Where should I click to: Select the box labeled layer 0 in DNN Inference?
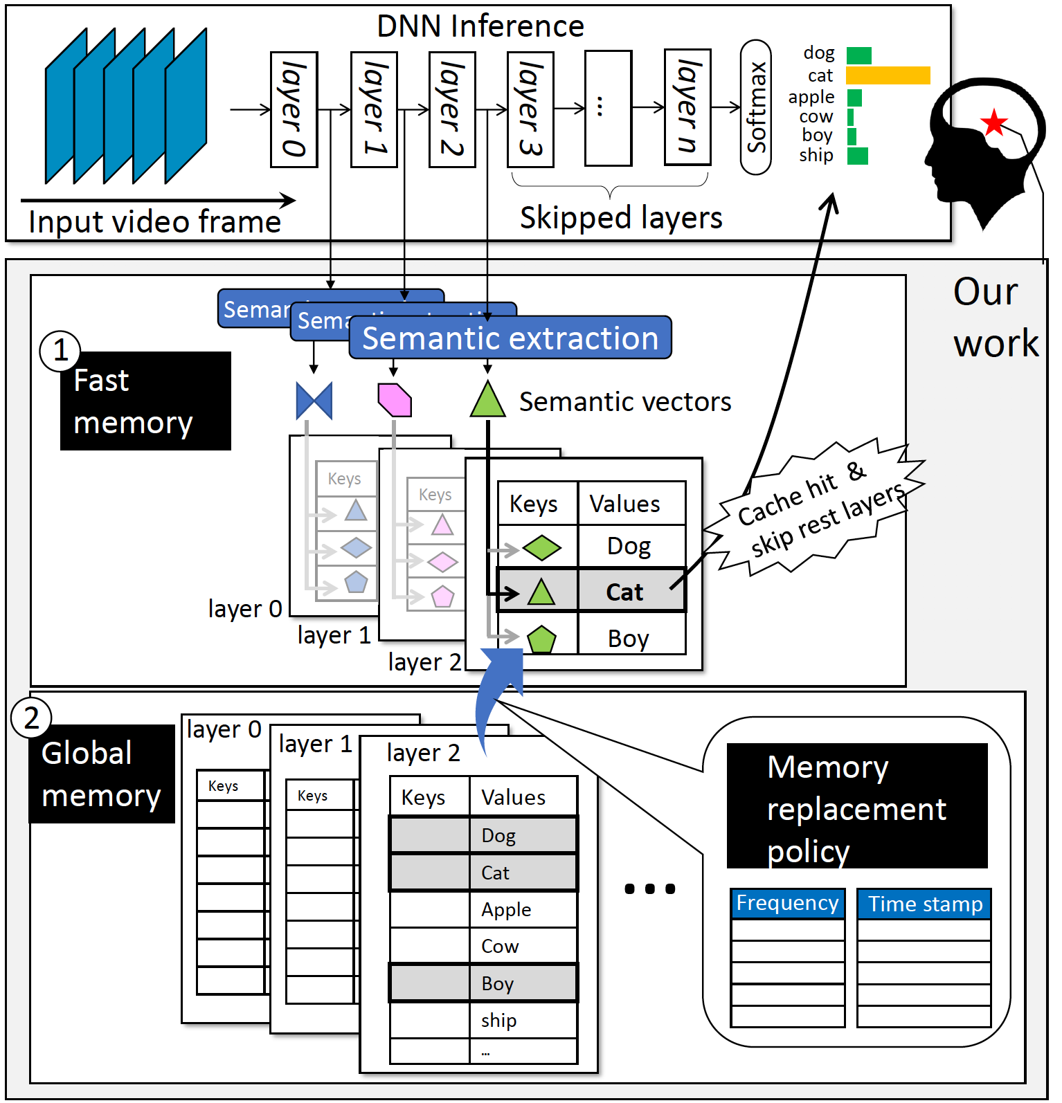coord(294,109)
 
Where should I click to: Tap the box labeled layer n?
coord(687,107)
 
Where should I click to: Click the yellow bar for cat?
coord(888,75)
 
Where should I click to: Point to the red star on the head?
coord(994,122)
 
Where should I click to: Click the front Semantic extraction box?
coord(510,338)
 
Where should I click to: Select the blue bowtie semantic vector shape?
coord(314,401)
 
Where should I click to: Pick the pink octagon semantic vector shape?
coord(395,400)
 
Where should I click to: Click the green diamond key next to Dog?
coord(541,548)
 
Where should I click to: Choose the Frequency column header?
coord(787,904)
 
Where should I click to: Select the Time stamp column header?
coord(924,904)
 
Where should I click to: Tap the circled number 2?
coord(31,718)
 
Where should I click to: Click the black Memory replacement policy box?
coord(856,806)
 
